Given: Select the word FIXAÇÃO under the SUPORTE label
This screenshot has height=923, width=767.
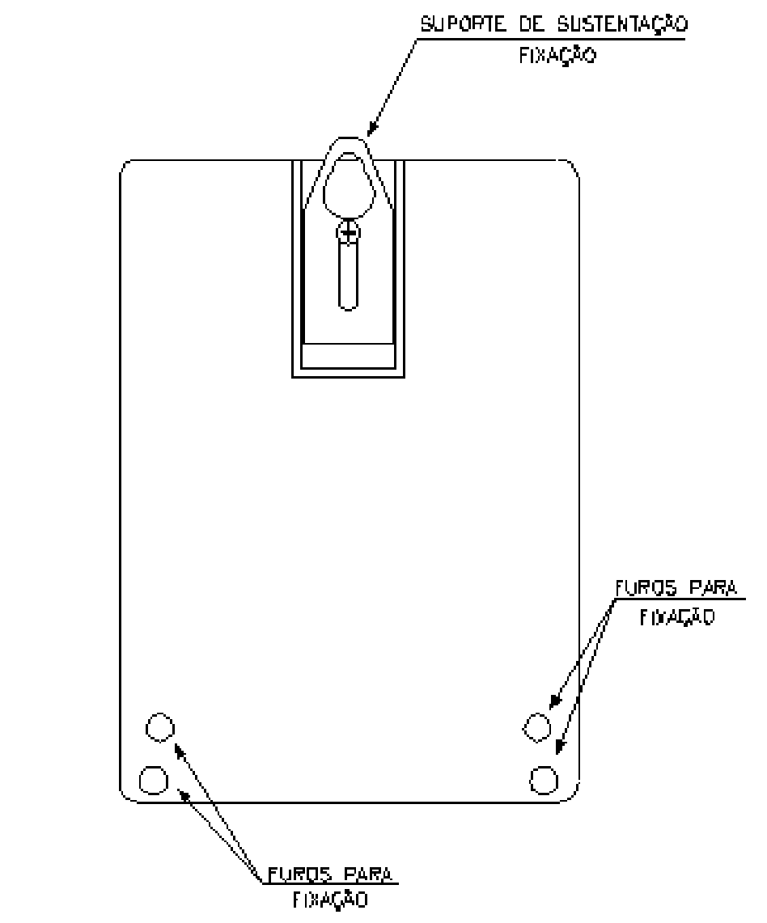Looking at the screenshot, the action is [557, 55].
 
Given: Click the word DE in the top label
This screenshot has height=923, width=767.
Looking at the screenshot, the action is [532, 25].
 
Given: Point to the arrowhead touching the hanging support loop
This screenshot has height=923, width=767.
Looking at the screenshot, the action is [373, 129].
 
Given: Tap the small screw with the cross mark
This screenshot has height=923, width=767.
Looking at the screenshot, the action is [349, 233].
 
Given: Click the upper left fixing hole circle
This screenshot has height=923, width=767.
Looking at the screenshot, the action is [160, 727].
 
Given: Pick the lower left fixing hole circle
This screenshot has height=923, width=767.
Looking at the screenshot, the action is [154, 780].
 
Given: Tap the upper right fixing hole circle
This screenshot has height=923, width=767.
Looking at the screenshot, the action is [537, 727].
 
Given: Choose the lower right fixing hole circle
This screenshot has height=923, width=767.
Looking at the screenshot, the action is [544, 780].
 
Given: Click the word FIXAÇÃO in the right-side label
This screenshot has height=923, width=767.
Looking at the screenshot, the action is [677, 617].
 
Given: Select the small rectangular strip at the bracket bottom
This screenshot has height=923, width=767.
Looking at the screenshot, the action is [348, 356].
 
